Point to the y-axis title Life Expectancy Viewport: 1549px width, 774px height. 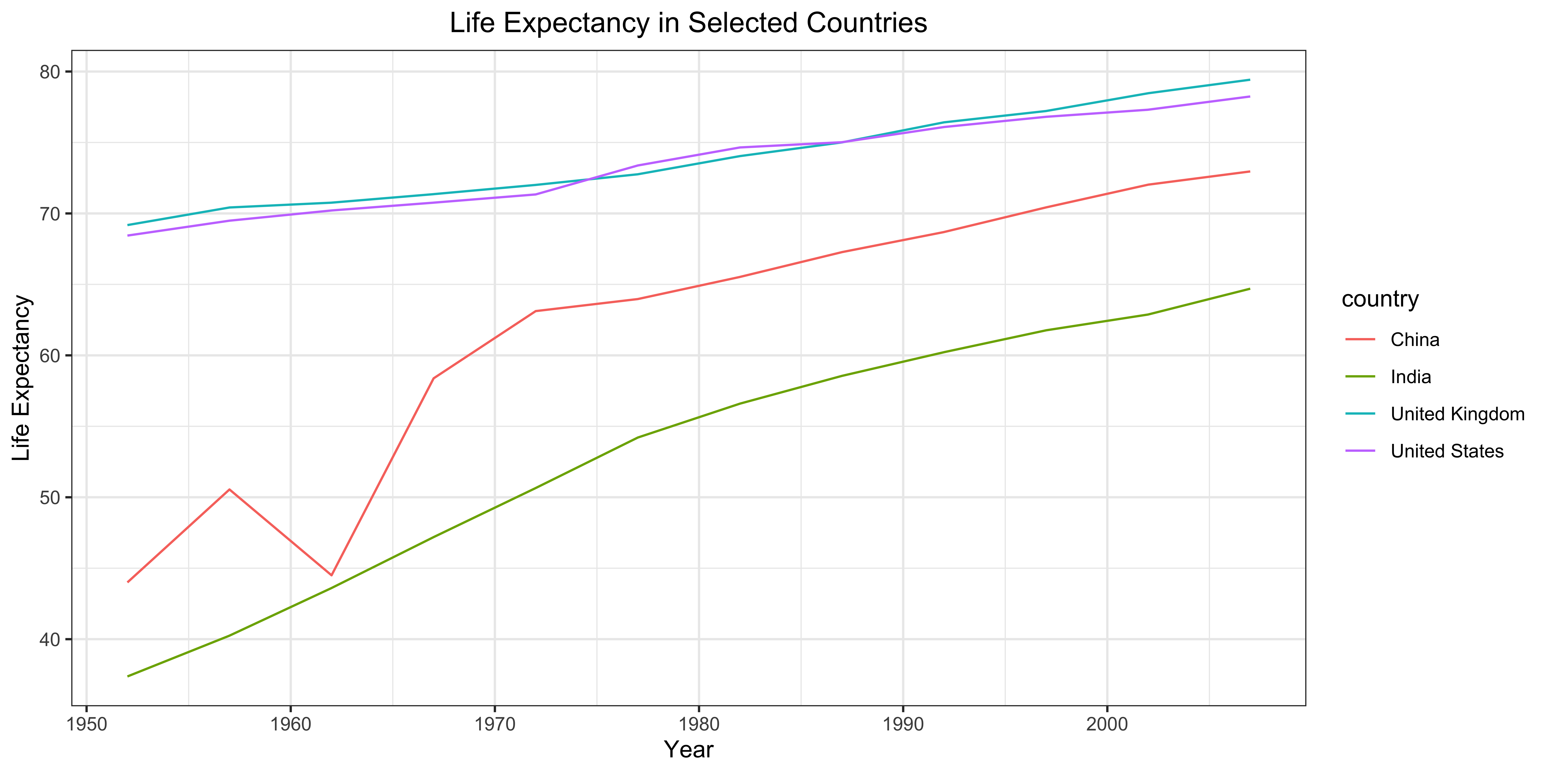pos(22,378)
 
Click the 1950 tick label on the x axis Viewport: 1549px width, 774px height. pos(87,724)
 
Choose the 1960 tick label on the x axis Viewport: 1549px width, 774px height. pos(291,724)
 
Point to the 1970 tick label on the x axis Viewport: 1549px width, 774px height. pos(495,724)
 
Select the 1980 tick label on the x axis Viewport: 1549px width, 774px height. pos(699,724)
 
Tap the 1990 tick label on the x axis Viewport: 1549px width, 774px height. pos(902,724)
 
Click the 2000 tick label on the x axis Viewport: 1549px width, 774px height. pos(1106,724)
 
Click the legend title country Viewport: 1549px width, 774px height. pos(1380,299)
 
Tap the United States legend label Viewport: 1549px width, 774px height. pos(1447,451)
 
